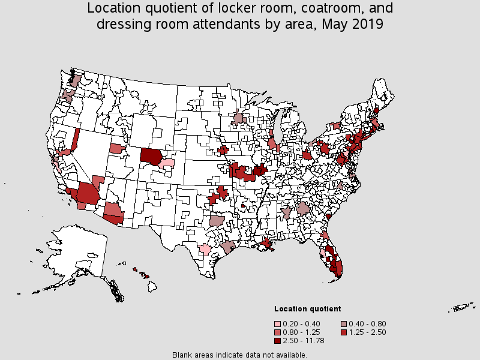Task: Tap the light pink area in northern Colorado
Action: click(167, 162)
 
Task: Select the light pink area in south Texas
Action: click(205, 250)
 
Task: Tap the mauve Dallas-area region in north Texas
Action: click(217, 221)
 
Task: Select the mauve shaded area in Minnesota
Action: click(239, 118)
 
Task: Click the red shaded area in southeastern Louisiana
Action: click(266, 244)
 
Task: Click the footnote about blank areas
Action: click(239, 355)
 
